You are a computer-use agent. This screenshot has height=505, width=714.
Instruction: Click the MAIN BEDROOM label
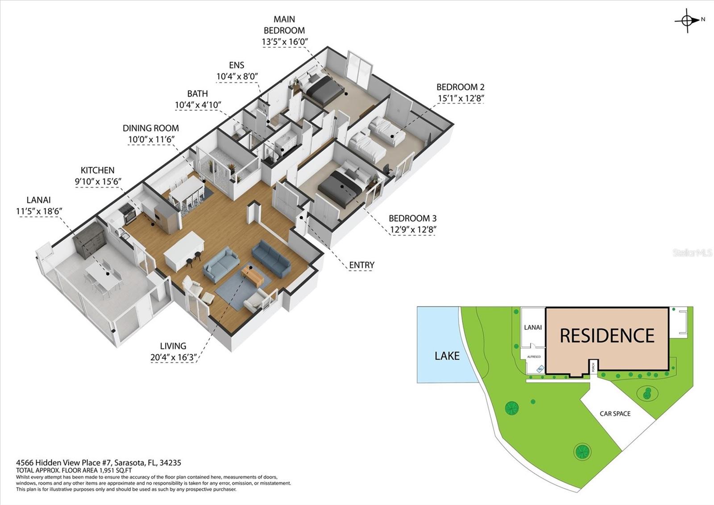[x=284, y=25]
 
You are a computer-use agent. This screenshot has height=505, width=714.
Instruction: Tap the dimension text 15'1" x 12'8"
[x=461, y=98]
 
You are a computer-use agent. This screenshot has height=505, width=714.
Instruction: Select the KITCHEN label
[x=97, y=170]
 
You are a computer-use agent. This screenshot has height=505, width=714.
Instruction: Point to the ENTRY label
[x=361, y=265]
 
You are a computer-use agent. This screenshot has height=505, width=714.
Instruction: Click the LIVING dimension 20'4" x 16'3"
[x=173, y=358]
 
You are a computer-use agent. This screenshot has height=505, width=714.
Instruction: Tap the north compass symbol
[x=688, y=21]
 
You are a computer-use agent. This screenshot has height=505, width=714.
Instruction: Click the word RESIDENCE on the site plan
[x=607, y=336]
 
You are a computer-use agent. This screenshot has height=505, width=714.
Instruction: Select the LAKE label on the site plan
[x=447, y=356]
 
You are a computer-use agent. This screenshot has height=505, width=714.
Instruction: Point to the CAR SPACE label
[x=615, y=414]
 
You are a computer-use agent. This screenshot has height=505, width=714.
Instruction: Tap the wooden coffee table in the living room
[x=253, y=276]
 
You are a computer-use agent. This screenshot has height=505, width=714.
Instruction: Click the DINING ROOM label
[x=150, y=128]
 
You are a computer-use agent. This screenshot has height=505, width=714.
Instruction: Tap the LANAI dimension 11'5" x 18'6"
[x=38, y=211]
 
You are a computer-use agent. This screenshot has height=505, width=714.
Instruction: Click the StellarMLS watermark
[x=692, y=253]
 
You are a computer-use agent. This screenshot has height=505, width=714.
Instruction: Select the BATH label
[x=197, y=94]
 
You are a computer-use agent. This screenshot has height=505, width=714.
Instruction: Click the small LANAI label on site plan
[x=532, y=328]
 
